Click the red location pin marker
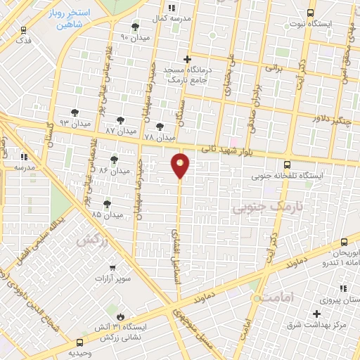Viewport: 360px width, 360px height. (x=181, y=166)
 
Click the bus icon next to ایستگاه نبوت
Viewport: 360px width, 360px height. (x=311, y=13)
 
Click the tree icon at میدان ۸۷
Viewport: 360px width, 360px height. (x=120, y=120)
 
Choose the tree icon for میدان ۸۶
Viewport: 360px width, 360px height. (x=114, y=160)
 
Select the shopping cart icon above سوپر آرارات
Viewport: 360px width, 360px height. (x=113, y=268)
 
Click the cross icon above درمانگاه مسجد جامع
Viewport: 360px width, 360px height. (x=187, y=59)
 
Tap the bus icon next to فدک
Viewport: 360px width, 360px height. (x=25, y=30)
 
